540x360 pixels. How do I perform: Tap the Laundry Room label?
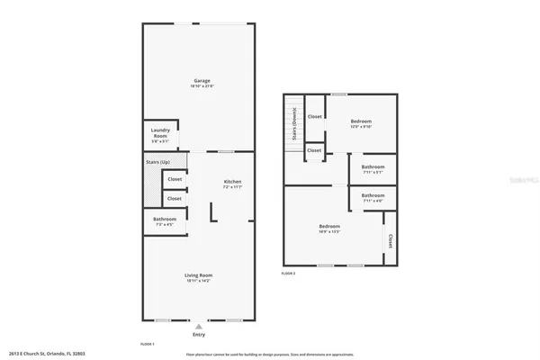[x=160, y=134]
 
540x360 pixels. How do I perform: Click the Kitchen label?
[x=232, y=181]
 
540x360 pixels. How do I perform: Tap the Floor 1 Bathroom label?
[x=164, y=219]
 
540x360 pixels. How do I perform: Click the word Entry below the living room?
[x=199, y=336]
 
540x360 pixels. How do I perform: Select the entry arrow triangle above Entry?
[x=199, y=328]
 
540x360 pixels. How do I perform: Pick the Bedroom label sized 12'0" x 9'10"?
[x=360, y=121]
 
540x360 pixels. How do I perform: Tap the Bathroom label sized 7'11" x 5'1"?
[x=373, y=167]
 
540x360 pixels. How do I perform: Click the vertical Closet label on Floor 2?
[x=390, y=241]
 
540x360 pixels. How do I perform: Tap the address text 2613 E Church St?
[x=40, y=354]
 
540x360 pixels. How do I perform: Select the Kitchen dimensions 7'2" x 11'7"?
[x=232, y=187]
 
